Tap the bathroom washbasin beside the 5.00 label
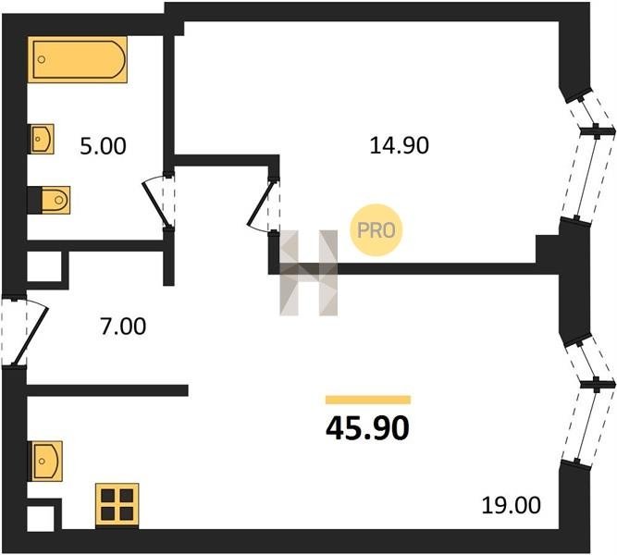pos(42,139)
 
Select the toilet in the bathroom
pos(52,197)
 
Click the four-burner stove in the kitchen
pos(117,505)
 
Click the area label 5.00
pos(103,145)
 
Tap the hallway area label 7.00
pos(122,326)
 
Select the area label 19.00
pos(510,506)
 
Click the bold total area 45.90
pos(367,428)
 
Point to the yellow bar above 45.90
pos(367,400)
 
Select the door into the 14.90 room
pos(263,205)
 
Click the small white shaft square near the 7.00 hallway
pos(43,267)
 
